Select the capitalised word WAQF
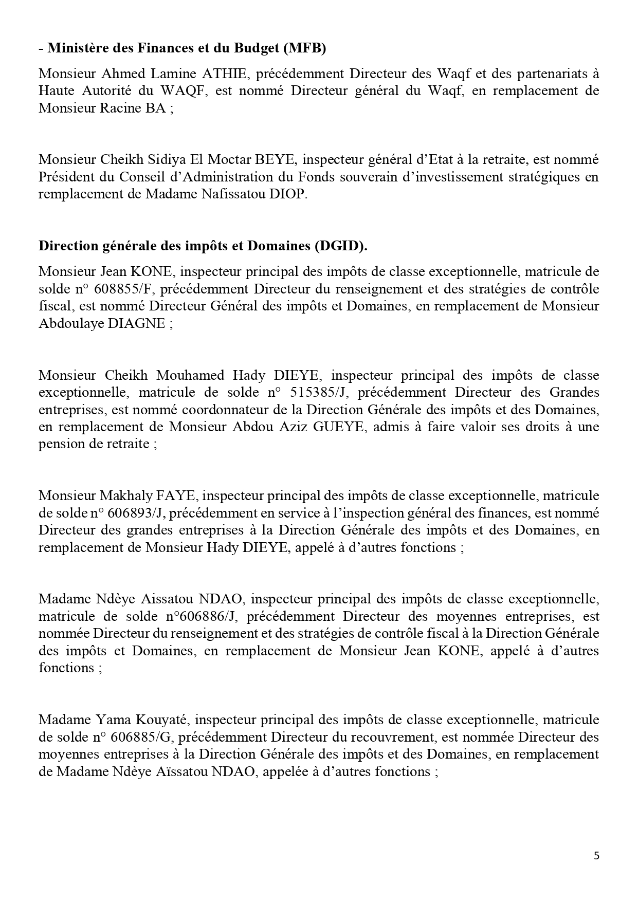pyautogui.click(x=181, y=91)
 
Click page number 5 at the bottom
pyautogui.click(x=596, y=856)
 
